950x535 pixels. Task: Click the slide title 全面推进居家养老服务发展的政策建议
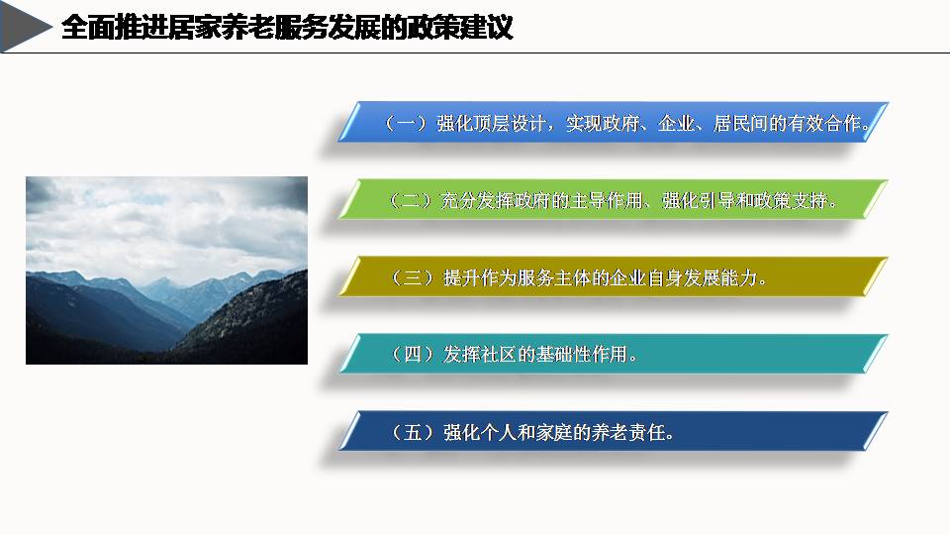pos(287,28)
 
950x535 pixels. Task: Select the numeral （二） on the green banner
pos(410,200)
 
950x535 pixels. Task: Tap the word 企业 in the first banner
pos(676,123)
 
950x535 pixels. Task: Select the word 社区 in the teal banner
pos(499,354)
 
